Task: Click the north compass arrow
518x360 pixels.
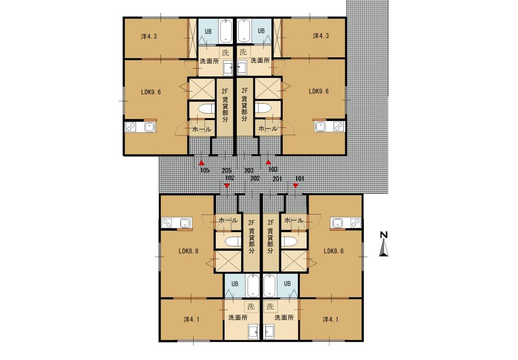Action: point(383,248)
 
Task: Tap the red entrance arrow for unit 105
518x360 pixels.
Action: point(201,163)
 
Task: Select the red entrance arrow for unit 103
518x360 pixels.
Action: point(269,163)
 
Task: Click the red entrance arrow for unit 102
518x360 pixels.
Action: point(226,186)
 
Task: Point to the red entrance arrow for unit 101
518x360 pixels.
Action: point(295,186)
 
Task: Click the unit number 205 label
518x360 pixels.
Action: point(226,171)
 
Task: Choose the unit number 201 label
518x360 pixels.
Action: point(277,179)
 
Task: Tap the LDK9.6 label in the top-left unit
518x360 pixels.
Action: point(151,92)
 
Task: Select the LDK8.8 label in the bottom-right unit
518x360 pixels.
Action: point(334,251)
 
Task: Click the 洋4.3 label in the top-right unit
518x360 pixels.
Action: point(321,36)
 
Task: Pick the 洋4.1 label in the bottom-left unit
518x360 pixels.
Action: point(192,320)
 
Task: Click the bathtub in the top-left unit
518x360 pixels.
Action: point(225,31)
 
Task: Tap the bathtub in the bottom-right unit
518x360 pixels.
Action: point(270,286)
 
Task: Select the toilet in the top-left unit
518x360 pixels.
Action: point(206,109)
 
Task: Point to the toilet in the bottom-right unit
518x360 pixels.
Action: point(289,241)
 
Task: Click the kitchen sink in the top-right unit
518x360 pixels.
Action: point(320,127)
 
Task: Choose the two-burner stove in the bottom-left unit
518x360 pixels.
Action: point(167,223)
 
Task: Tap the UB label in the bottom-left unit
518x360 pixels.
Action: point(235,284)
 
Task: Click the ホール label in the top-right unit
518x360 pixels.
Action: point(268,129)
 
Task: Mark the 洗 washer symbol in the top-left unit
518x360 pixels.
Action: point(225,52)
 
